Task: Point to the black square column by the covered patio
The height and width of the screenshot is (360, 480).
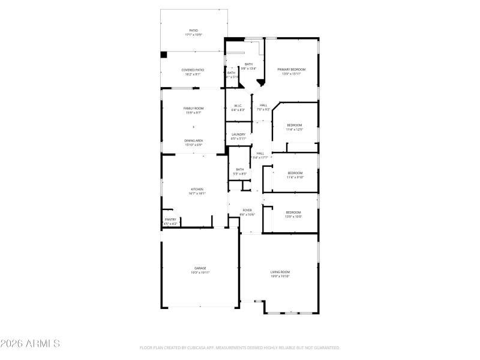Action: (x=164, y=55)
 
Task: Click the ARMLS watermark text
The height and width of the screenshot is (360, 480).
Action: (x=30, y=344)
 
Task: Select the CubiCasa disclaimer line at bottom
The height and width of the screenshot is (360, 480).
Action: (x=239, y=347)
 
